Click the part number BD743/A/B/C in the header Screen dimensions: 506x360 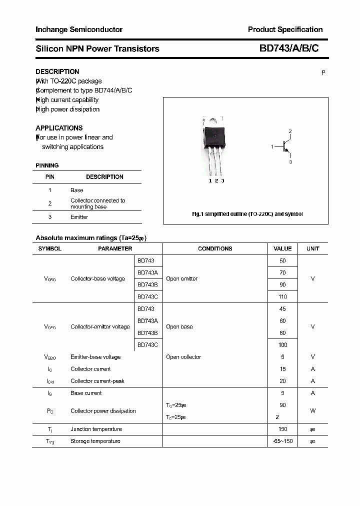click(288, 48)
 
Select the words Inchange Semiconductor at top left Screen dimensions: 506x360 click(79, 29)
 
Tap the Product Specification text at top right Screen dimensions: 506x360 click(285, 29)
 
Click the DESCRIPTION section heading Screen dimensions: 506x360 click(57, 71)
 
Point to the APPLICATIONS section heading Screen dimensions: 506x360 click(59, 128)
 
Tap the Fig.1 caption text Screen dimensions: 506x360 click(247, 214)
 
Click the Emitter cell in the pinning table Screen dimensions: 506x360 click(79, 217)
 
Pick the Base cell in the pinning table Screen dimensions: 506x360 click(76, 190)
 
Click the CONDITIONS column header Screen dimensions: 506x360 click(215, 248)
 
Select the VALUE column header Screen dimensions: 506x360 click(282, 248)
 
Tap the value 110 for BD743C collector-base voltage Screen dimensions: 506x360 click(282, 296)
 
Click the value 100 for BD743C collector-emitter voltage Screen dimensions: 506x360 click(282, 345)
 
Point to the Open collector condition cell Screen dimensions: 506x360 click(183, 357)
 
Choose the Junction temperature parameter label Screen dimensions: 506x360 click(96, 429)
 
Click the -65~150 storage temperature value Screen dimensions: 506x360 click(282, 441)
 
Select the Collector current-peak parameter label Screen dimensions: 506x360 click(97, 381)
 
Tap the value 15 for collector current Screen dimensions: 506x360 click(282, 369)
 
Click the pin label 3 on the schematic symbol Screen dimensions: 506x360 click(290, 162)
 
